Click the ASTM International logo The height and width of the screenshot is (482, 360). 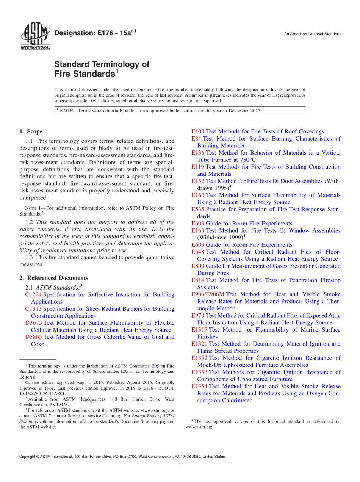(x=35, y=36)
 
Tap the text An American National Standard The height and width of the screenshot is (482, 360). (x=312, y=34)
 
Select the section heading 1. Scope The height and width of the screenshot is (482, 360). (x=31, y=131)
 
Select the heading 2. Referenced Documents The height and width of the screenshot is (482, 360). (x=54, y=278)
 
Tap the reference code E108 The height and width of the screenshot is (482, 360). (x=198, y=131)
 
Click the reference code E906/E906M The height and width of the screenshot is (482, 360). (x=208, y=294)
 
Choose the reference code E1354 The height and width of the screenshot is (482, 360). (x=199, y=386)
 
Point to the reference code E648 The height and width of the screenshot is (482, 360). (x=198, y=252)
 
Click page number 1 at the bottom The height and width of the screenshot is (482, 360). (x=180, y=465)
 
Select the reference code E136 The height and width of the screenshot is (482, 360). (x=198, y=153)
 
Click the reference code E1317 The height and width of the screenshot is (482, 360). (x=199, y=330)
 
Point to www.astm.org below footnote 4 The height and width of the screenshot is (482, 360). (x=199, y=427)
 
